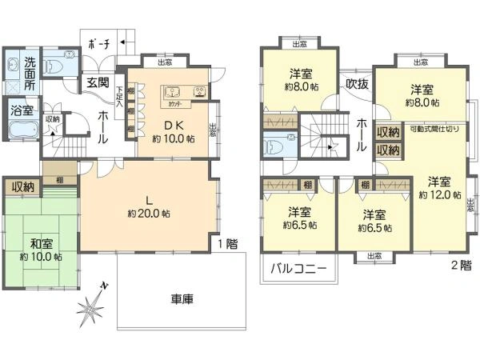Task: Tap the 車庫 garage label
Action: [181, 299]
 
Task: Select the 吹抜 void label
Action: [357, 82]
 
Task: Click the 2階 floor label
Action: [460, 263]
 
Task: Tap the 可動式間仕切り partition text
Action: [435, 128]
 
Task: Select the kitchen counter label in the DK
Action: [178, 103]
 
